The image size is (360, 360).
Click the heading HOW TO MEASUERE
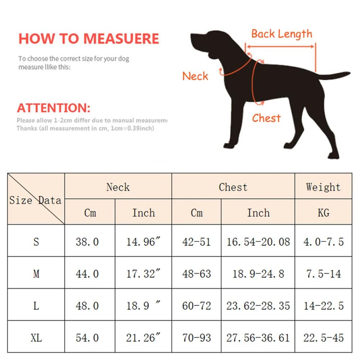click(89, 39)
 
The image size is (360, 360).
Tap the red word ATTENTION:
click(54, 108)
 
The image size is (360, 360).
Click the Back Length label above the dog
click(282, 34)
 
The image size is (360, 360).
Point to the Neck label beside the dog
click(195, 76)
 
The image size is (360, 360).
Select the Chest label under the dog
click(266, 118)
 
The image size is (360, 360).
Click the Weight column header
click(323, 187)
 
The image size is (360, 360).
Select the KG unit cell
click(323, 213)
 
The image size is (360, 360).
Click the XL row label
click(36, 338)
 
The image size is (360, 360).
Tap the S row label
click(36, 242)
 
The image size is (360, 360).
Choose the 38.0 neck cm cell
click(87, 242)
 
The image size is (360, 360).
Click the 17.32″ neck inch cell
click(143, 274)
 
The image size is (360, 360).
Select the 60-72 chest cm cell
click(196, 306)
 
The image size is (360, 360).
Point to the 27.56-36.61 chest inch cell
click(258, 338)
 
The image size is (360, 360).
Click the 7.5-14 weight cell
click(323, 274)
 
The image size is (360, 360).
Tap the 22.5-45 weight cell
click(323, 338)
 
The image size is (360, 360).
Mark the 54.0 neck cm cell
click(87, 338)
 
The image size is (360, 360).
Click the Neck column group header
click(118, 187)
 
